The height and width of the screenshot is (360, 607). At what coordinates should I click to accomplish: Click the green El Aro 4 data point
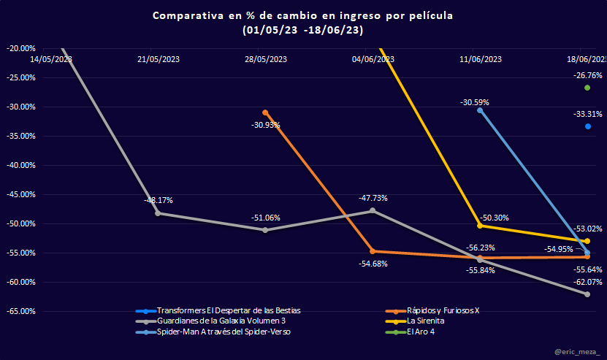click(x=587, y=88)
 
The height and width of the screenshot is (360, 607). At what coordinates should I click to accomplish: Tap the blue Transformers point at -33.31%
click(x=587, y=126)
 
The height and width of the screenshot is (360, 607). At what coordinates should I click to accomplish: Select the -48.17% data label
click(x=159, y=199)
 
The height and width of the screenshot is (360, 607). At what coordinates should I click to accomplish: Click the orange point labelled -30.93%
click(x=265, y=112)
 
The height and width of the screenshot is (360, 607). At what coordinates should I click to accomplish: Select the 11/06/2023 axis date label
click(x=481, y=59)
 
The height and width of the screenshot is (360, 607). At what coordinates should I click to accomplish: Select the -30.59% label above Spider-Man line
click(x=475, y=102)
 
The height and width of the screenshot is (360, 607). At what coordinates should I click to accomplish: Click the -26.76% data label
click(x=587, y=75)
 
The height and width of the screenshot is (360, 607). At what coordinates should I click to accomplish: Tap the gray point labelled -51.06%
click(x=265, y=230)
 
